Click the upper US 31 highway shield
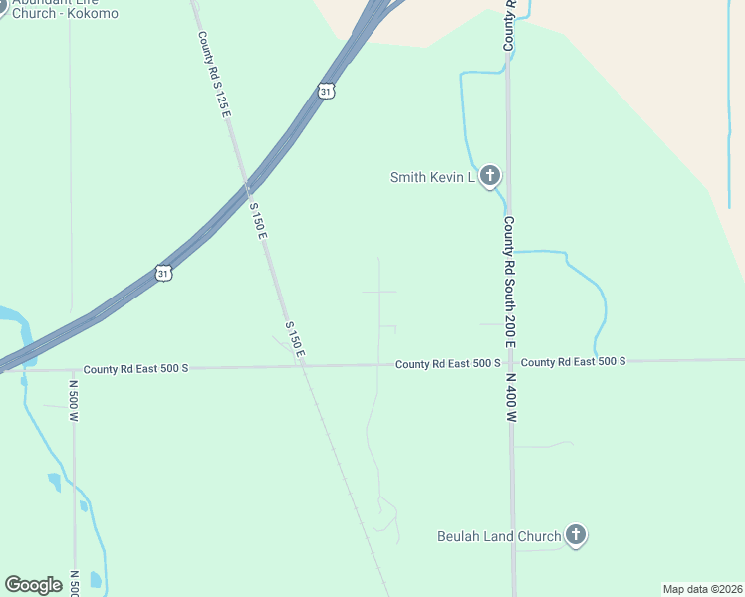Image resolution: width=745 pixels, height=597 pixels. [327, 91]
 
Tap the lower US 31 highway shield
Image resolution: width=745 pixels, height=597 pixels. [163, 272]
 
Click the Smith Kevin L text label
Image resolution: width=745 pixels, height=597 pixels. [432, 177]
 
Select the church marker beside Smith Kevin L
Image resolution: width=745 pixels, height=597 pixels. [489, 176]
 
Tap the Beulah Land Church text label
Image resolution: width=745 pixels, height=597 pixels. [499, 537]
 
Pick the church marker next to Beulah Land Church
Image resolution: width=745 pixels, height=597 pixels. [575, 535]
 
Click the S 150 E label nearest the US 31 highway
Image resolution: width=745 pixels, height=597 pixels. [257, 220]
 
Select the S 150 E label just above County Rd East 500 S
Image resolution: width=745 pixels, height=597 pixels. [293, 339]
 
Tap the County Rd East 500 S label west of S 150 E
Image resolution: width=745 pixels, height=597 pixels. [135, 368]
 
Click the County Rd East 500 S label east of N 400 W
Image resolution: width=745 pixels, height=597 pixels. [573, 361]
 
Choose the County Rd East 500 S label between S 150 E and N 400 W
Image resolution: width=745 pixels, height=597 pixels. [447, 364]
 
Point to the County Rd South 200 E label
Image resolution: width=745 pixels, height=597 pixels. [509, 282]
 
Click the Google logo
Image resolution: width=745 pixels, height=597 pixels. [33, 585]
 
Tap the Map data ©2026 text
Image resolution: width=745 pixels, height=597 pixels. [702, 589]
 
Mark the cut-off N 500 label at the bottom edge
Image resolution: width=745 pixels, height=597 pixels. [74, 584]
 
